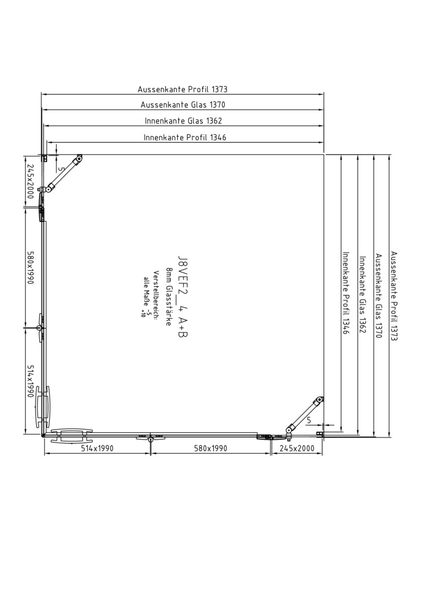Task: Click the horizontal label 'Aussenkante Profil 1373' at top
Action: pos(182,90)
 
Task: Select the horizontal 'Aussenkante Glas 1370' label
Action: pos(183,105)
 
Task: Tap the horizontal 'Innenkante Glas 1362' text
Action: pos(183,121)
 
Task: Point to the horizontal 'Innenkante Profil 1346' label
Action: pos(185,137)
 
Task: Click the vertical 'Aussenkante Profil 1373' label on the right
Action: pos(394,296)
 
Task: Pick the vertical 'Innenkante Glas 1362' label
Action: pos(362,295)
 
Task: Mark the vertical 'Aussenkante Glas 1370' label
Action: pos(378,296)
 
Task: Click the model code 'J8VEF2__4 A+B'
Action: pos(182,297)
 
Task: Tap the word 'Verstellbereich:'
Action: pos(155,295)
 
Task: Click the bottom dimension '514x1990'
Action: pos(97,448)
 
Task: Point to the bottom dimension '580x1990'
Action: pos(211,448)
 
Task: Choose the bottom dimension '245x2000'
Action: pos(297,448)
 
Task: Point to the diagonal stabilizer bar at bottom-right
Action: pos(305,416)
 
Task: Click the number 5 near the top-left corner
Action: pos(61,169)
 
